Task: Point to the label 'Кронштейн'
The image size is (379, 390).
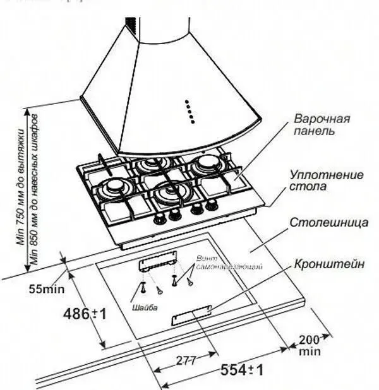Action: click(x=328, y=265)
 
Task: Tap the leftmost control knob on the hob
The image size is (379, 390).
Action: click(x=157, y=217)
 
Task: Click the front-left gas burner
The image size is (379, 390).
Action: click(x=116, y=187)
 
